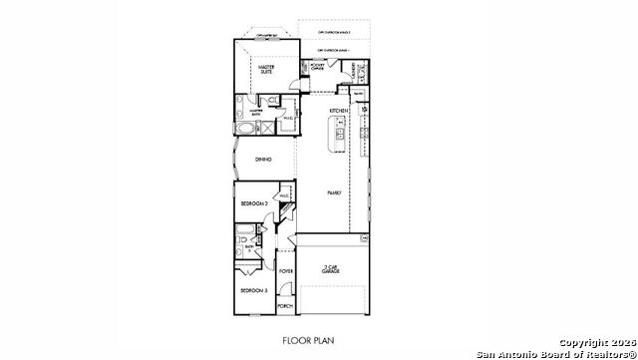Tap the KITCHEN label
(337, 112)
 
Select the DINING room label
(263, 160)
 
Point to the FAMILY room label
(335, 191)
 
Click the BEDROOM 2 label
(254, 203)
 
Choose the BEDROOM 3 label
(251, 290)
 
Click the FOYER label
(286, 270)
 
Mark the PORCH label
(286, 306)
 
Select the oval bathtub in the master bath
(246, 129)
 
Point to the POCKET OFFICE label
(316, 67)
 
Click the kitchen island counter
(340, 139)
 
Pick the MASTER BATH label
(256, 114)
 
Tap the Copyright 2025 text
(592, 344)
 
